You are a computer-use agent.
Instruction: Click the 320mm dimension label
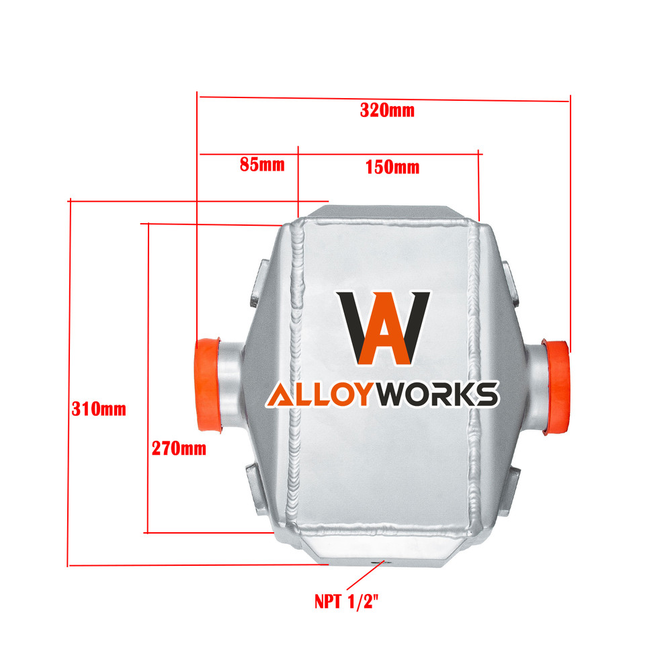[x=387, y=110]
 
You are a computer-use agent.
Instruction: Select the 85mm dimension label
[x=262, y=164]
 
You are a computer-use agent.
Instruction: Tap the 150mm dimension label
[x=392, y=167]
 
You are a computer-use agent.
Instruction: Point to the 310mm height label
[x=99, y=409]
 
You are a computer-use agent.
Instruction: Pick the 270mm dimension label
[x=179, y=448]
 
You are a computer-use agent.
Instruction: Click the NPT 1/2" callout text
[x=347, y=601]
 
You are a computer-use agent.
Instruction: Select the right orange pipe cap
[x=556, y=387]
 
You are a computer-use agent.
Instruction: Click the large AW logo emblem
[x=383, y=329]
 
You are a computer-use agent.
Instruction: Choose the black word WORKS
[x=436, y=394]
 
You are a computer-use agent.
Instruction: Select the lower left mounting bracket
[x=255, y=490]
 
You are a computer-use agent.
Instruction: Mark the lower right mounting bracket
[x=513, y=491]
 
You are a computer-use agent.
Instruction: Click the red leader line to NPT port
[x=365, y=575]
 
